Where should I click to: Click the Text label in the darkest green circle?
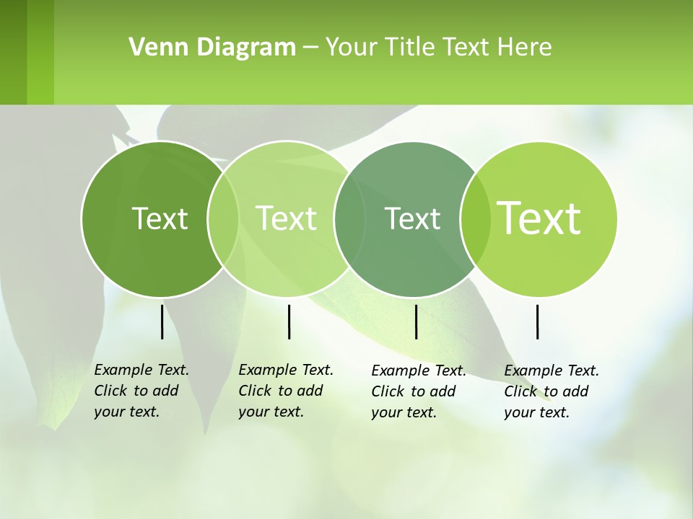(160, 218)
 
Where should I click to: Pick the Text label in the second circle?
(287, 218)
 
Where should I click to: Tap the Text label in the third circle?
(413, 218)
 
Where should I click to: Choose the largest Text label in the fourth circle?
(539, 218)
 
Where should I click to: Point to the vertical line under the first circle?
(162, 321)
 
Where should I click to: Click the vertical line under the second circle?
(289, 321)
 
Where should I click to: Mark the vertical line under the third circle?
(416, 321)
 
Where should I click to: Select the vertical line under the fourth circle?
(538, 321)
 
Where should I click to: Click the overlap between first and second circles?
(223, 218)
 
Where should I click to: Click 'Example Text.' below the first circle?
(141, 370)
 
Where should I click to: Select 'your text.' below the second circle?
(271, 412)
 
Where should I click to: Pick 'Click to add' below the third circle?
(414, 391)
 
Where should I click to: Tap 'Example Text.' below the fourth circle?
(552, 371)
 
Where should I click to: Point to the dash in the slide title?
(310, 48)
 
